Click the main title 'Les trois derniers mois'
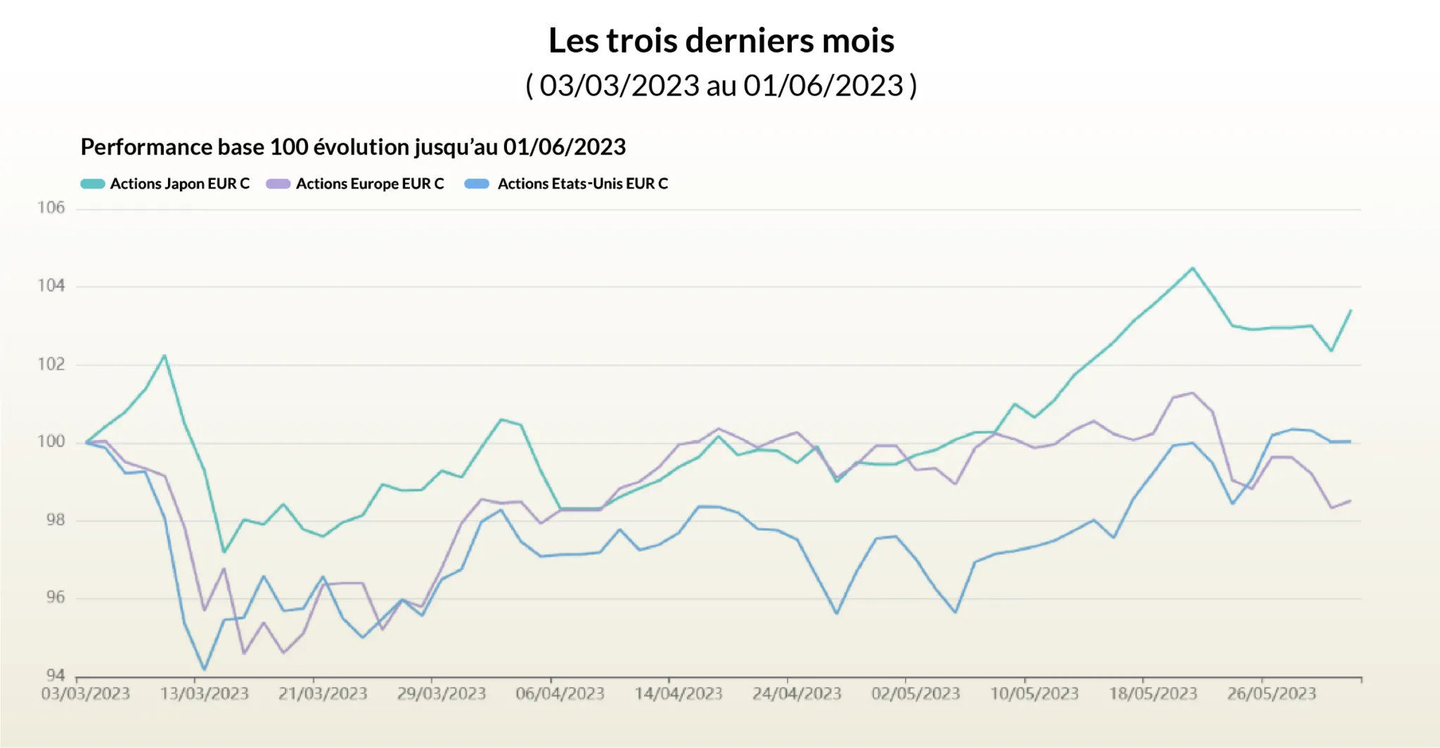click(x=721, y=41)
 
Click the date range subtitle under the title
click(x=721, y=86)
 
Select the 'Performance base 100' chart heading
click(x=353, y=147)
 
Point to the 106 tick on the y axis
click(x=51, y=207)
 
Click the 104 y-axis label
click(x=51, y=285)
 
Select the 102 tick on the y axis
click(x=51, y=364)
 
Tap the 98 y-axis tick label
click(x=56, y=520)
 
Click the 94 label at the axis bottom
click(x=56, y=676)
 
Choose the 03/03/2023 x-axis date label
click(x=86, y=694)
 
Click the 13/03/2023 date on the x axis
click(x=205, y=694)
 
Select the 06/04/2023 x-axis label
click(x=560, y=694)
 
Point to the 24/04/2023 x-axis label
click(x=797, y=694)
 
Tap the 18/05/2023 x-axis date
click(x=1153, y=694)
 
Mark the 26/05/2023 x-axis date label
click(x=1271, y=694)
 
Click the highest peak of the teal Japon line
click(x=1192, y=268)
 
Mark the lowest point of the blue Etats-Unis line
click(x=204, y=669)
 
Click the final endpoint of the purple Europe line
click(x=1350, y=501)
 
